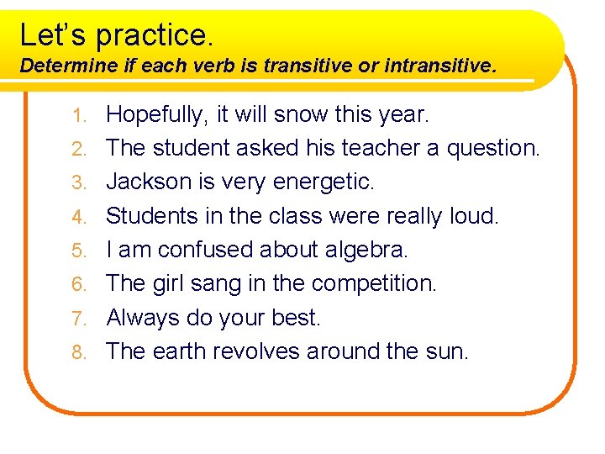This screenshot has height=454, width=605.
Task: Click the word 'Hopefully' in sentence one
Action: pyautogui.click(x=157, y=113)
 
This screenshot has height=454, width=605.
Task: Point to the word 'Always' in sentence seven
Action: pyautogui.click(x=143, y=318)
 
